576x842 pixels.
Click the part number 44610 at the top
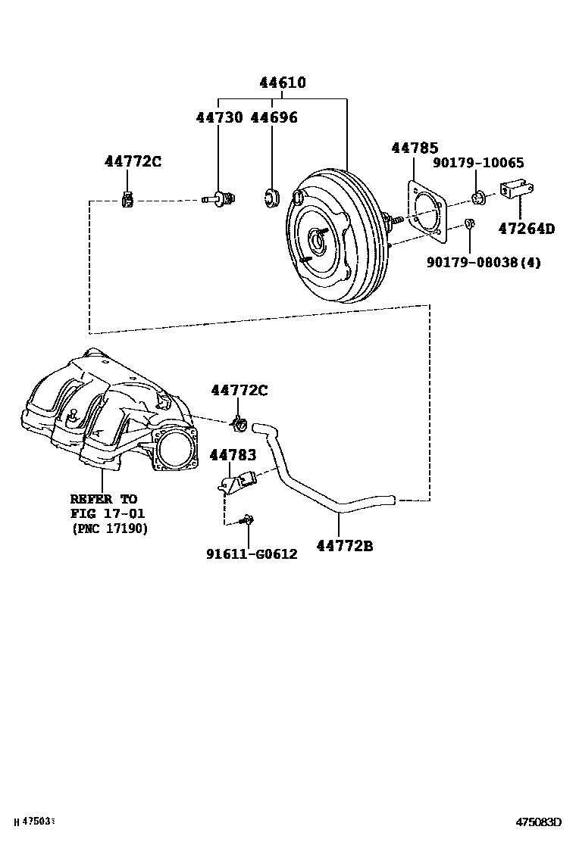click(x=282, y=83)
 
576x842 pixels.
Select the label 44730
click(x=218, y=117)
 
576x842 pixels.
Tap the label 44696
click(x=274, y=117)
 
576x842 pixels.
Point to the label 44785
click(x=415, y=148)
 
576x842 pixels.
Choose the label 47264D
click(x=526, y=228)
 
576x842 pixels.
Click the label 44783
click(x=233, y=455)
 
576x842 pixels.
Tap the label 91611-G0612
click(x=252, y=554)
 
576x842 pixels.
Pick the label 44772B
click(x=345, y=544)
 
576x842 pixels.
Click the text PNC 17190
click(x=110, y=528)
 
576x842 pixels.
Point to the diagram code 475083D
click(x=539, y=822)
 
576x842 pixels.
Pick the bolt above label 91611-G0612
click(x=246, y=520)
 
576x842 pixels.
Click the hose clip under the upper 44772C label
click(x=129, y=200)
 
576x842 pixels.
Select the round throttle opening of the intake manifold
click(x=177, y=452)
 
